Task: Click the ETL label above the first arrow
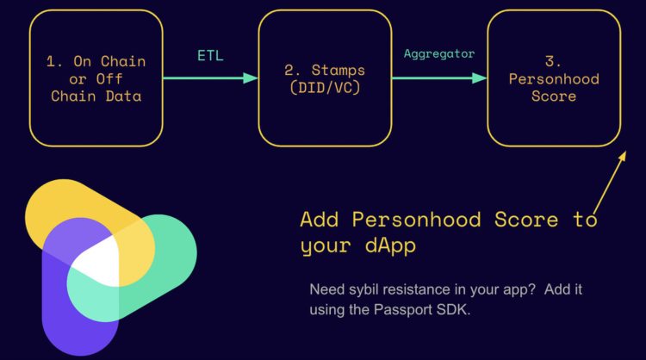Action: [210, 55]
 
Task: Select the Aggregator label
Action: [439, 53]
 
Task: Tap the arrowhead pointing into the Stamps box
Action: [251, 78]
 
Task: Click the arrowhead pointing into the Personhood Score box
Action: [480, 78]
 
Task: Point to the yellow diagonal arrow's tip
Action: [625, 152]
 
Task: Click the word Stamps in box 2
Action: [339, 70]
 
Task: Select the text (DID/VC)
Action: [325, 87]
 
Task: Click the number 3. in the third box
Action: [553, 61]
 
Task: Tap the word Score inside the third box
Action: [554, 96]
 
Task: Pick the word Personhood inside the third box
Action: [554, 78]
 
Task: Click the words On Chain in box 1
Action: [109, 61]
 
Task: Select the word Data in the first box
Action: [123, 96]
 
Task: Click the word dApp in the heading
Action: [390, 246]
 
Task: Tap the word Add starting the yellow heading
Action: [320, 219]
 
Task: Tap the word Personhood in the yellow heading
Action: [417, 219]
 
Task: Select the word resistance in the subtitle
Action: [417, 289]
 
